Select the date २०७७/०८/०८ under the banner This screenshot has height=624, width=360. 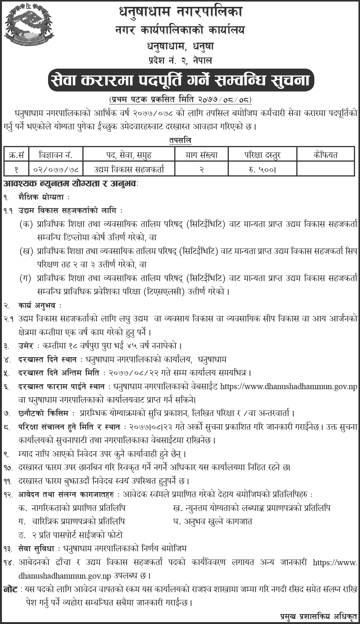[x=225, y=100]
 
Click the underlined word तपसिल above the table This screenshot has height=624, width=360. [x=180, y=140]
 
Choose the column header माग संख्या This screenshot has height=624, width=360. [x=201, y=155]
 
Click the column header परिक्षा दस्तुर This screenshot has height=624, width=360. [x=262, y=155]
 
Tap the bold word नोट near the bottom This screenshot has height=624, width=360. [x=10, y=589]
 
